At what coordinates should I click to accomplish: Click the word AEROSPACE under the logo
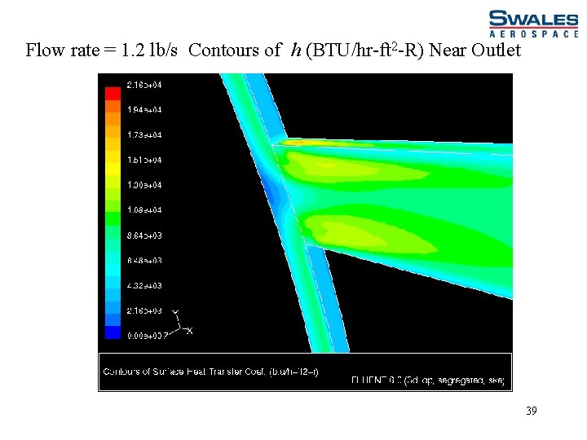pos(536,35)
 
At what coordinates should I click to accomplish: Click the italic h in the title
pos(296,51)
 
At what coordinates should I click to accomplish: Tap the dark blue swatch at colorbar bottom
pos(113,332)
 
